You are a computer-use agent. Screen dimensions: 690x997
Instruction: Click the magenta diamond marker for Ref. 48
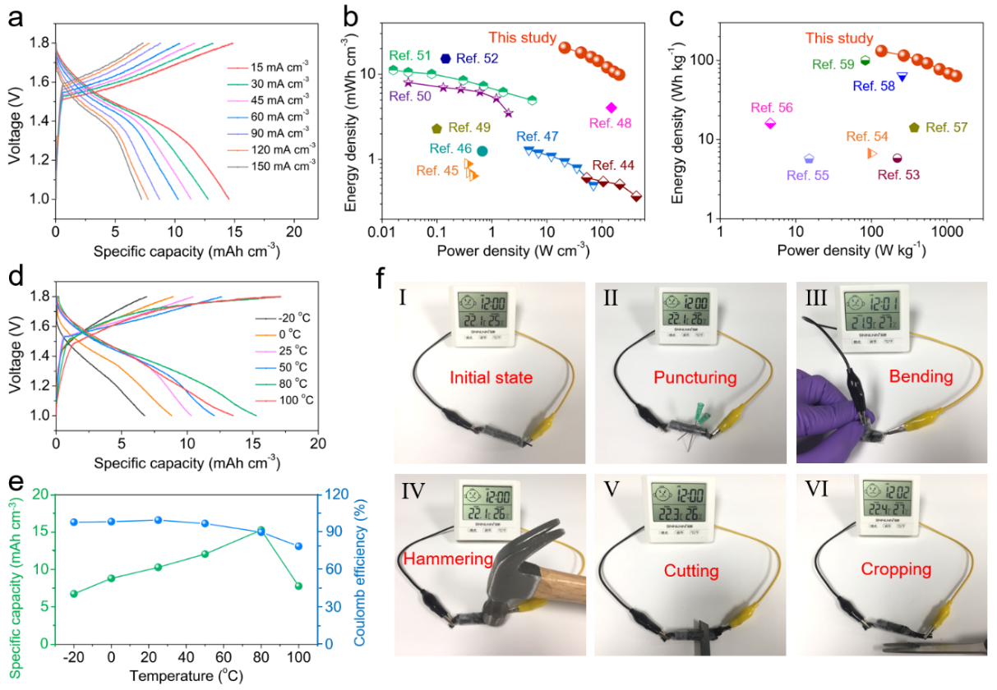611,108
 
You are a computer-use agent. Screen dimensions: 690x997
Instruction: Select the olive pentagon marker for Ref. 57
914,127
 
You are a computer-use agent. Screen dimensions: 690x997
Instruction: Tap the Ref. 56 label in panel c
772,108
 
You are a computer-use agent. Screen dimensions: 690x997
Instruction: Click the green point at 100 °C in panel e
298,586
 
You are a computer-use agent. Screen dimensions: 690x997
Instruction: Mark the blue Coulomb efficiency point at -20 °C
73,522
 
